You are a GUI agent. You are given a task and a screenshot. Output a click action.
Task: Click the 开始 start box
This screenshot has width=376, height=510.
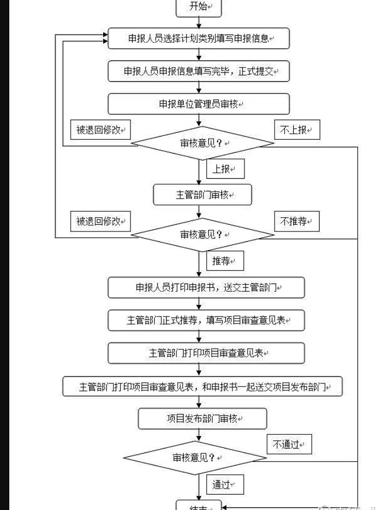pyautogui.click(x=198, y=7)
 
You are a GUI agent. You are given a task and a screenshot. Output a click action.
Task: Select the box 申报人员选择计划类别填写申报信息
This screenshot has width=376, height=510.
pyautogui.click(x=198, y=38)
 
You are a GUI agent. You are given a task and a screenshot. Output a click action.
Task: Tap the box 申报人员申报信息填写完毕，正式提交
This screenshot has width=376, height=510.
pyautogui.click(x=198, y=71)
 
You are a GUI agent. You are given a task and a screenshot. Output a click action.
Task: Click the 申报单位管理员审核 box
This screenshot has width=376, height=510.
pyautogui.click(x=198, y=104)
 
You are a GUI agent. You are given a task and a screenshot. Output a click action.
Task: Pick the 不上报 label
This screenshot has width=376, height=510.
pyautogui.click(x=297, y=130)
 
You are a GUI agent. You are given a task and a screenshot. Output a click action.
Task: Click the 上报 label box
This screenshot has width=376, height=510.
pyautogui.click(x=225, y=169)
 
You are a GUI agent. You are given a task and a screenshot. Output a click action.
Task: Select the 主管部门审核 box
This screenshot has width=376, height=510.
pyautogui.click(x=202, y=195)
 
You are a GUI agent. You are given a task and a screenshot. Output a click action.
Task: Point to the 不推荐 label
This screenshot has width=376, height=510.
pyautogui.click(x=297, y=222)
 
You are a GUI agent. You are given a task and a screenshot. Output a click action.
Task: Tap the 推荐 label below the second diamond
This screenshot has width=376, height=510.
pyautogui.click(x=225, y=261)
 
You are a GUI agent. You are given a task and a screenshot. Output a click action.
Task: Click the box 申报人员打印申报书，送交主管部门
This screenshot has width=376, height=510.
pyautogui.click(x=206, y=287)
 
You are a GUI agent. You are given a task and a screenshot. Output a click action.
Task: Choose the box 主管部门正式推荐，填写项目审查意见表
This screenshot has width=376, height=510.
pyautogui.click(x=206, y=320)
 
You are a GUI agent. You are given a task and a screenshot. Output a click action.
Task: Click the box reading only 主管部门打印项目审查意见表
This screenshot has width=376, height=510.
pyautogui.click(x=206, y=353)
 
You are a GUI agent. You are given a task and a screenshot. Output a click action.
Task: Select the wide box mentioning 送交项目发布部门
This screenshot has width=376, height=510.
pyautogui.click(x=203, y=387)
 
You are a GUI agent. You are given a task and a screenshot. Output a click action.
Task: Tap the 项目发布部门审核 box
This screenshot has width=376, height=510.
pyautogui.click(x=202, y=418)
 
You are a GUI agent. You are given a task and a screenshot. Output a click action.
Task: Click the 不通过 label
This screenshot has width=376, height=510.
pyautogui.click(x=289, y=445)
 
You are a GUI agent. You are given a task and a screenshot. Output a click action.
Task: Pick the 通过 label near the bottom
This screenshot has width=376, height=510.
pyautogui.click(x=225, y=485)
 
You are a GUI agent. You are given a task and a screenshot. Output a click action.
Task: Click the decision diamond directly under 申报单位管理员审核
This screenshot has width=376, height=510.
pyautogui.click(x=202, y=143)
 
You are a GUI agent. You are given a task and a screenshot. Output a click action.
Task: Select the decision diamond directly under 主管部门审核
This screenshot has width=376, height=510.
pyautogui.click(x=202, y=235)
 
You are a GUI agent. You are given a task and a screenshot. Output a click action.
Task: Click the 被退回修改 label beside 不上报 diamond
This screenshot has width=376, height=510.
pyautogui.click(x=100, y=130)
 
